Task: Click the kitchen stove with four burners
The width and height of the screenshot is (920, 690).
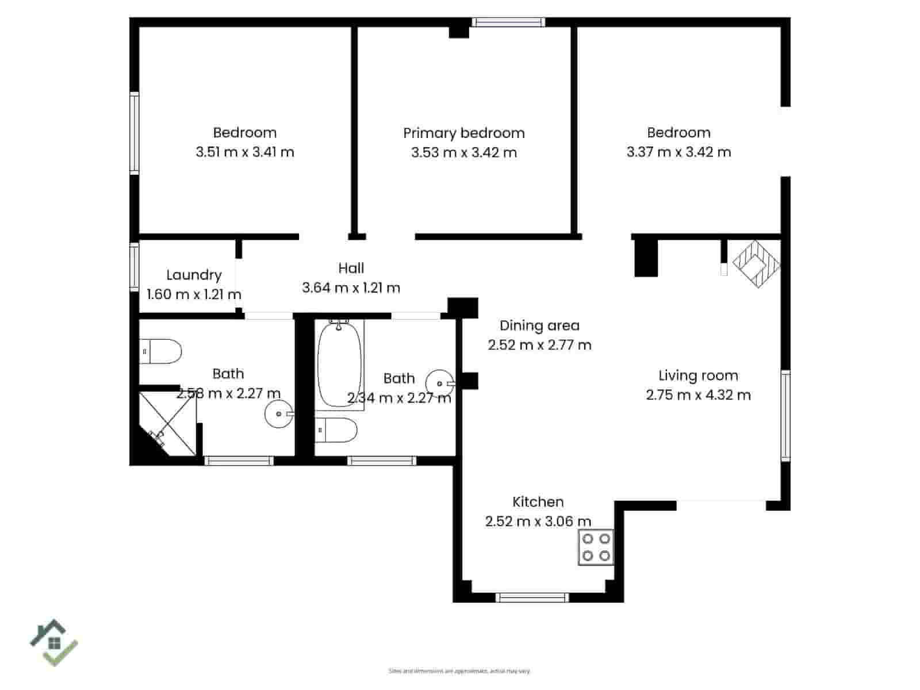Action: [596, 547]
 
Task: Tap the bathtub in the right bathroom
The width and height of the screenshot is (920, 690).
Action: [340, 365]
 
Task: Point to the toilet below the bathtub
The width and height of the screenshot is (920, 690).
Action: [336, 430]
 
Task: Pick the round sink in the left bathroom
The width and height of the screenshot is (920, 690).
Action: [279, 413]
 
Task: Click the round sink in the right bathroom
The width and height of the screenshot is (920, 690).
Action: [440, 383]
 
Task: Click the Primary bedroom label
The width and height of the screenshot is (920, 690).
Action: [463, 133]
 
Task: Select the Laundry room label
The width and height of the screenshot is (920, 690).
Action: [194, 275]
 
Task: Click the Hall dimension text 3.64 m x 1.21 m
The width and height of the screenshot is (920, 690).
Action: [351, 287]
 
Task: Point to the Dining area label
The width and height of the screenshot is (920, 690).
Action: [539, 325]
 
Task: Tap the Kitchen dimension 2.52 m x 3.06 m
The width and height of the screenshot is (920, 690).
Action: [538, 522]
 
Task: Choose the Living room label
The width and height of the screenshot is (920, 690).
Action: [698, 375]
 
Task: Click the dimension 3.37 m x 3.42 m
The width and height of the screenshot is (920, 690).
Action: [678, 152]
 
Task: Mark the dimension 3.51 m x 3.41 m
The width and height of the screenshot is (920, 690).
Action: [245, 152]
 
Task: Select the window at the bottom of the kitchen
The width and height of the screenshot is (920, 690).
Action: [532, 598]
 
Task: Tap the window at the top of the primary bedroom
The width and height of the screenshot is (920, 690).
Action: [508, 22]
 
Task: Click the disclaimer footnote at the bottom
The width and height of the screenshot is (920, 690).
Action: [459, 671]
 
